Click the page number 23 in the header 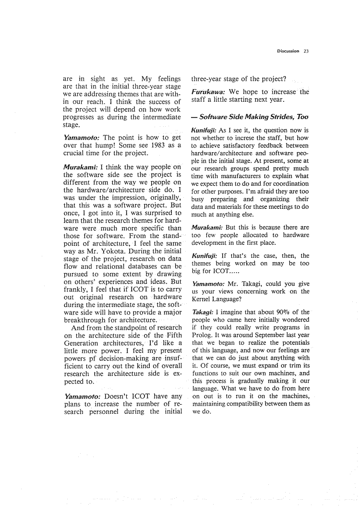coord(306,51)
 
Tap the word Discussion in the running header coord(288,51)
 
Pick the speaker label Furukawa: coord(209,92)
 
